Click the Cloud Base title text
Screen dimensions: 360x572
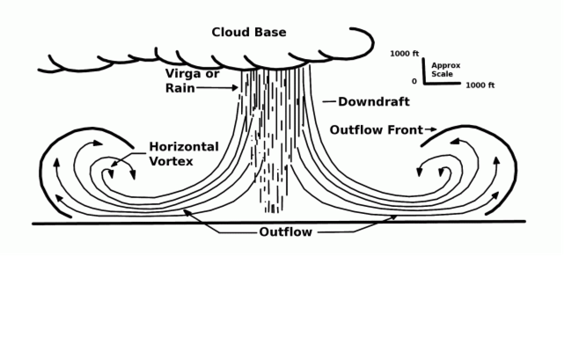(x=249, y=33)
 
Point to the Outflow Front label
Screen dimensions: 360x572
(x=376, y=130)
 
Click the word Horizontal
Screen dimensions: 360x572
(x=184, y=148)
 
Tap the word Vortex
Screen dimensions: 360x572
(x=172, y=163)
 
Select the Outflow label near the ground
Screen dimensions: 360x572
(x=285, y=232)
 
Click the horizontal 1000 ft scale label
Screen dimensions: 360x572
(x=480, y=86)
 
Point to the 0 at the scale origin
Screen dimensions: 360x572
(x=414, y=80)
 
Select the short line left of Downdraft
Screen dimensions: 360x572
(x=329, y=101)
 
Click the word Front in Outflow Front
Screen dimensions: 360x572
(x=405, y=130)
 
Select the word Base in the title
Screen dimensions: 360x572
(x=269, y=33)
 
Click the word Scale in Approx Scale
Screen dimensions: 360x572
(x=442, y=75)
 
